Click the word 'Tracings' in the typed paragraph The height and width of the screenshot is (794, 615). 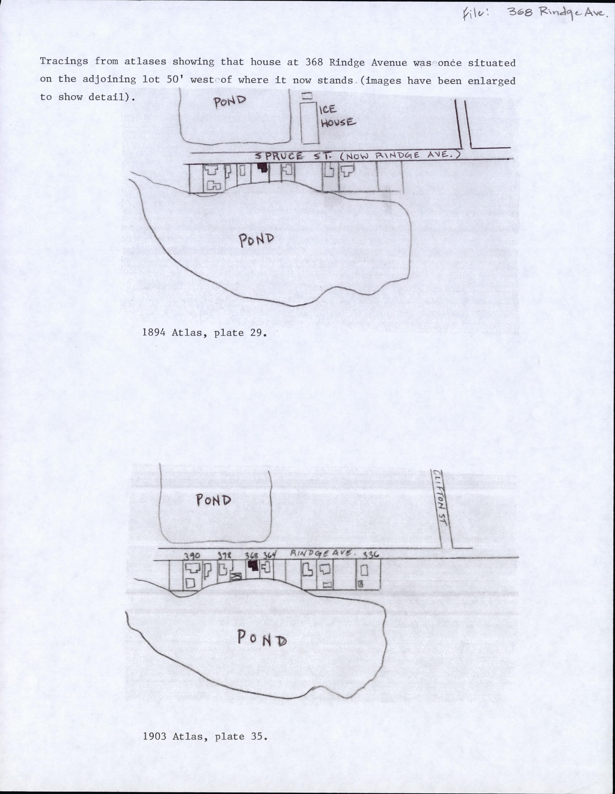pos(64,61)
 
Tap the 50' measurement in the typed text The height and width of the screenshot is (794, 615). pos(174,79)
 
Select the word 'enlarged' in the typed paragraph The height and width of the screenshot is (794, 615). pos(492,80)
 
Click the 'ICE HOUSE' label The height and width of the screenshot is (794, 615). pos(337,115)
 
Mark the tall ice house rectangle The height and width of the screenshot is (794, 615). pos(309,123)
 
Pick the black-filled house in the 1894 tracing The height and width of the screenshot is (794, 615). pos(262,167)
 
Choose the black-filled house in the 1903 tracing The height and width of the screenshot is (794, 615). pos(253,566)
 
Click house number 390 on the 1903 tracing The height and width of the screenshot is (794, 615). pos(191,556)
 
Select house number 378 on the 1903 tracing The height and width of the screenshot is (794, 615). pos(225,555)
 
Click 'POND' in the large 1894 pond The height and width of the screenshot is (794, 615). pos(256,240)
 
